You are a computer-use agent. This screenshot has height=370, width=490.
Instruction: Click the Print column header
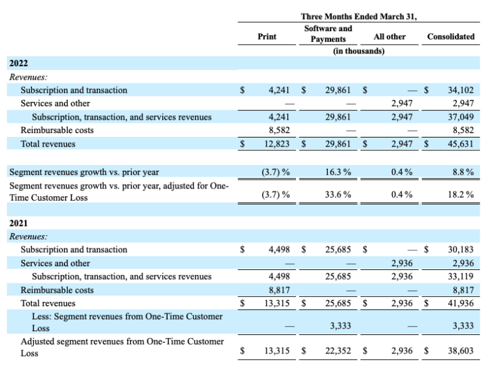267,37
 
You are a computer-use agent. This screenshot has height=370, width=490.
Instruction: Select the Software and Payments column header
328,34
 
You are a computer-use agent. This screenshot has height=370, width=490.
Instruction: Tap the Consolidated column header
450,37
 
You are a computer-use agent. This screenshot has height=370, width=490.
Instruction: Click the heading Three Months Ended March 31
359,17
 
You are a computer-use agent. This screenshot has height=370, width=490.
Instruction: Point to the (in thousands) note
359,51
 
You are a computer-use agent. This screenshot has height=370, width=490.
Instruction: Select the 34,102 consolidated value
461,90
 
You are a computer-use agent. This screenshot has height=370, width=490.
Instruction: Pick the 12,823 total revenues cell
276,145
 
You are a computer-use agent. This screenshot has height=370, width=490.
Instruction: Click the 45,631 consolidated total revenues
461,145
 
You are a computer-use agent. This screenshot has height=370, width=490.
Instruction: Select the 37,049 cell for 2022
461,117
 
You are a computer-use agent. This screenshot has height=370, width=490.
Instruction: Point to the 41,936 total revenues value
461,304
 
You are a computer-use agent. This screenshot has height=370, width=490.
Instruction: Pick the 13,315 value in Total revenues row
276,304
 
